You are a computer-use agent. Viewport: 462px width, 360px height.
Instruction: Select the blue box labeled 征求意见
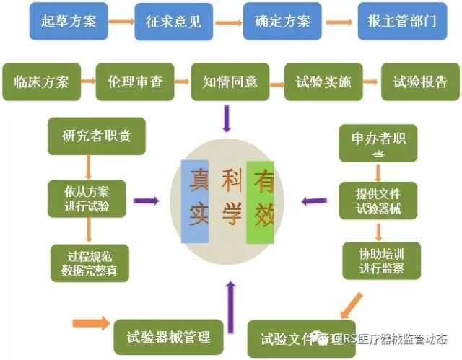[x=176, y=21]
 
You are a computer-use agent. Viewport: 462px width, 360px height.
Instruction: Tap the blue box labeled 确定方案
[x=282, y=21]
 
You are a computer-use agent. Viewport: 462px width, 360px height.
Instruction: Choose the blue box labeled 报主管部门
[x=397, y=21]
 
